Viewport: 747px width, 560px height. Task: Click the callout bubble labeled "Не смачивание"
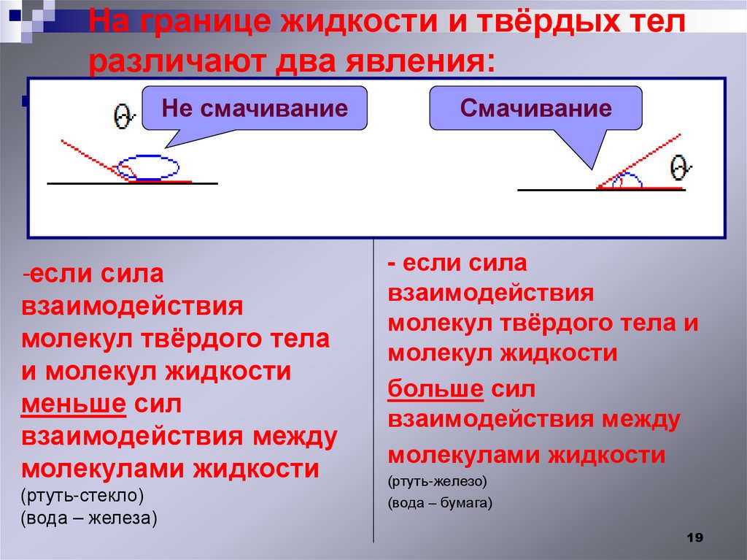(254, 109)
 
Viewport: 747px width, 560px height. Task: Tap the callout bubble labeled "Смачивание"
(535, 109)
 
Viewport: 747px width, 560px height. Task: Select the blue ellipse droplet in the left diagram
(149, 167)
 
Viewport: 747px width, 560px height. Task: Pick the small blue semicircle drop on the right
(627, 182)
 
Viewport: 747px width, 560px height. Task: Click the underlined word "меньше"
(74, 404)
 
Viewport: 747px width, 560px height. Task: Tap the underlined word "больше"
(436, 389)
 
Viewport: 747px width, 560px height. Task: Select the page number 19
(694, 537)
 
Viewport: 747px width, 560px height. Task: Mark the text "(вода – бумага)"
(440, 503)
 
